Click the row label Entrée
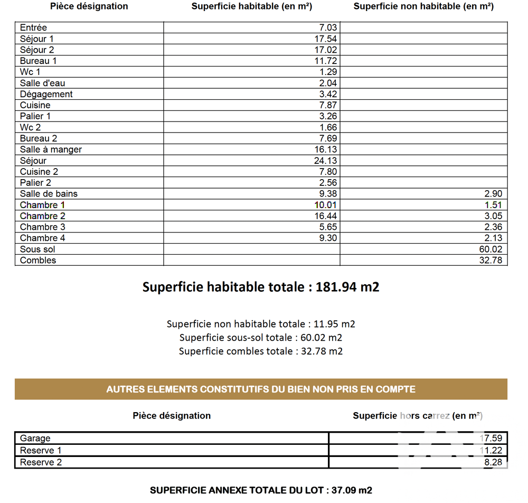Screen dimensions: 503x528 point(33,27)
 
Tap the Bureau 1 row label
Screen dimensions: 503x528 point(38,61)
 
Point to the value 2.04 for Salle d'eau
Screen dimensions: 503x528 point(327,83)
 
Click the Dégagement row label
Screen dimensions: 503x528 point(46,94)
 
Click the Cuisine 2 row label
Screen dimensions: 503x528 point(39,172)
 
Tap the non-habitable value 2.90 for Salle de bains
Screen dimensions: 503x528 point(493,194)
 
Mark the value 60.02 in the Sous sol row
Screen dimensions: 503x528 point(491,249)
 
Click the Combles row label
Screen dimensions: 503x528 point(37,260)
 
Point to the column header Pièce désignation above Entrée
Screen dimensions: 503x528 point(89,6)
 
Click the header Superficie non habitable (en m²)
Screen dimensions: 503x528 point(423,6)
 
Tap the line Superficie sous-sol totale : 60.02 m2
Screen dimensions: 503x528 point(261,338)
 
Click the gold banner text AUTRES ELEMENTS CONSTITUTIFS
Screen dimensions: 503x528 point(261,389)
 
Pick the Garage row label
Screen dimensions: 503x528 point(35,438)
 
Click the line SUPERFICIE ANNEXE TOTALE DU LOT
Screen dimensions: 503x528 point(261,490)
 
